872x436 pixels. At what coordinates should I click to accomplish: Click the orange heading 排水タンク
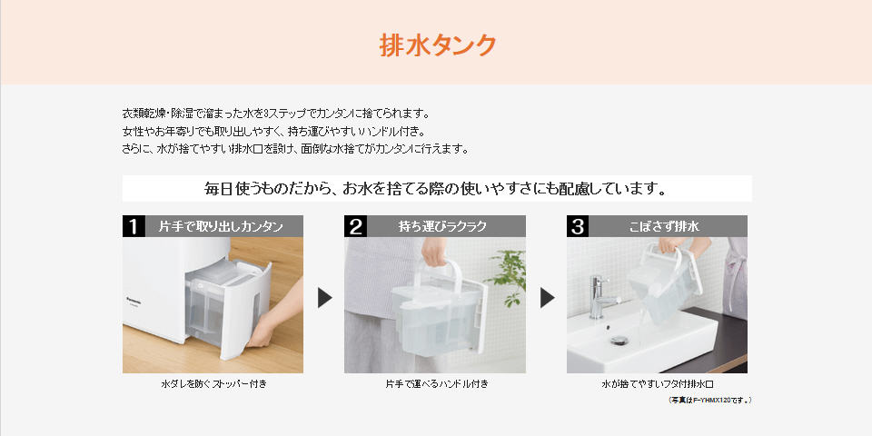click(x=437, y=45)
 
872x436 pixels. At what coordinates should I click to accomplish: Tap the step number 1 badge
click(x=134, y=226)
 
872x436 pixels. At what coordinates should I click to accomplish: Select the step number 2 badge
click(x=355, y=226)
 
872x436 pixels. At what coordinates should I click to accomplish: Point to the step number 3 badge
click(x=578, y=226)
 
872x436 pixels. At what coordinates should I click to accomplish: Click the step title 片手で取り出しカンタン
click(x=222, y=226)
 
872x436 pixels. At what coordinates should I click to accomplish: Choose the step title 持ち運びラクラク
click(x=442, y=226)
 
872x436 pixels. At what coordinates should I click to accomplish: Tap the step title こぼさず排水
click(x=665, y=226)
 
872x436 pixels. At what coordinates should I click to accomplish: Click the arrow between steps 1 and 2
click(x=324, y=298)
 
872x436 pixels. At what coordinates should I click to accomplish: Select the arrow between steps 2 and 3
click(x=547, y=298)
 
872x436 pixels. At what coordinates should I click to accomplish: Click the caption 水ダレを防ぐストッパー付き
click(x=213, y=383)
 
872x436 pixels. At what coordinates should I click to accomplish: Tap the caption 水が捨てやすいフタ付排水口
click(x=658, y=383)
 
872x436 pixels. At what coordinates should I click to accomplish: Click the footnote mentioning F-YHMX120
click(x=709, y=400)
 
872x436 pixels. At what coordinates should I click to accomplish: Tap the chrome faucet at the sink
click(x=600, y=296)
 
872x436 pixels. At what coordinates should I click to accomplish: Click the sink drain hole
click(x=618, y=341)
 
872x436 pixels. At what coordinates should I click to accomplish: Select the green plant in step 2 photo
click(x=509, y=276)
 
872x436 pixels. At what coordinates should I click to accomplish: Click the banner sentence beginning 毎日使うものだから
click(x=436, y=189)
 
